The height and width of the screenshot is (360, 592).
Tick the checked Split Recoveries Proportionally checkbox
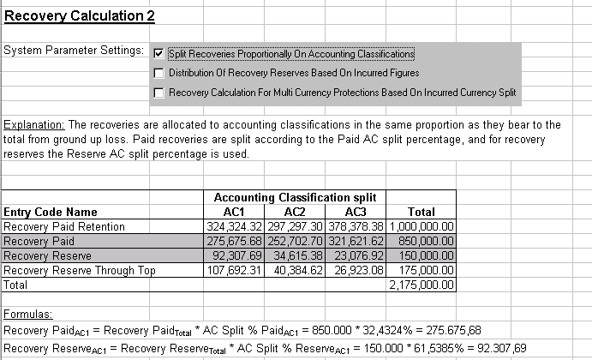(x=158, y=54)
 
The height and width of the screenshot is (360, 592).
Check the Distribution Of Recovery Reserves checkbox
(x=158, y=73)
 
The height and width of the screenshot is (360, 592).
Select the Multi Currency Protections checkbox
(x=158, y=92)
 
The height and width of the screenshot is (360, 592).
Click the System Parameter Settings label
(x=74, y=51)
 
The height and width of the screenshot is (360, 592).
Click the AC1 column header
(x=234, y=212)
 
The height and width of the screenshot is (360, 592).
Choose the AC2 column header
(x=295, y=212)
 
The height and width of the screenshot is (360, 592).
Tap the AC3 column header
(x=356, y=212)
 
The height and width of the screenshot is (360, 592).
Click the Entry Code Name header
(x=51, y=212)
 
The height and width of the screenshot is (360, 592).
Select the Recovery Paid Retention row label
(x=64, y=226)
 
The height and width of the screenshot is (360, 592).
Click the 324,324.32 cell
(x=235, y=226)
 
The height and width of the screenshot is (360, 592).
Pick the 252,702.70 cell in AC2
(x=295, y=241)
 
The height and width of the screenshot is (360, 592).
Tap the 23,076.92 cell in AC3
(x=356, y=255)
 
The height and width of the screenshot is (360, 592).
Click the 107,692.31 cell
(x=235, y=269)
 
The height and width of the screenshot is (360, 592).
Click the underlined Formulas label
(x=28, y=314)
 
